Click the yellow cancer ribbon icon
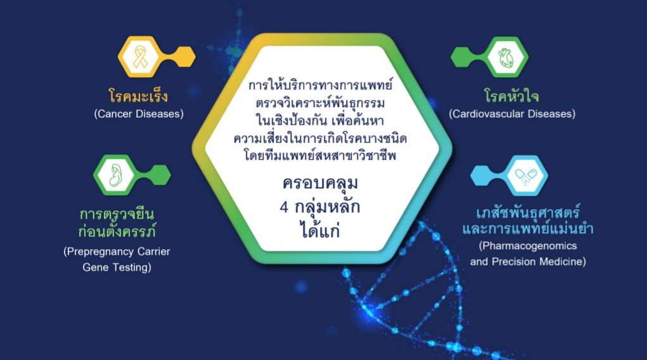[x=140, y=56]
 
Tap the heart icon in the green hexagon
[x=506, y=58]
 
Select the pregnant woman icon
[x=116, y=175]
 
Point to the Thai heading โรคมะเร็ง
[x=138, y=96]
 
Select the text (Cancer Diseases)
[x=139, y=114]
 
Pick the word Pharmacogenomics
[x=530, y=246]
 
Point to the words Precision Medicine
[x=537, y=262]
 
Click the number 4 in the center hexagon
[x=284, y=207]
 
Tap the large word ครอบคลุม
[x=320, y=183]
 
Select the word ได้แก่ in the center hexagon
[x=320, y=229]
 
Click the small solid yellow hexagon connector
[x=184, y=56]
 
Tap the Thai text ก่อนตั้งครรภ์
[x=117, y=230]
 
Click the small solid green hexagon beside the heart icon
[x=462, y=57]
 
